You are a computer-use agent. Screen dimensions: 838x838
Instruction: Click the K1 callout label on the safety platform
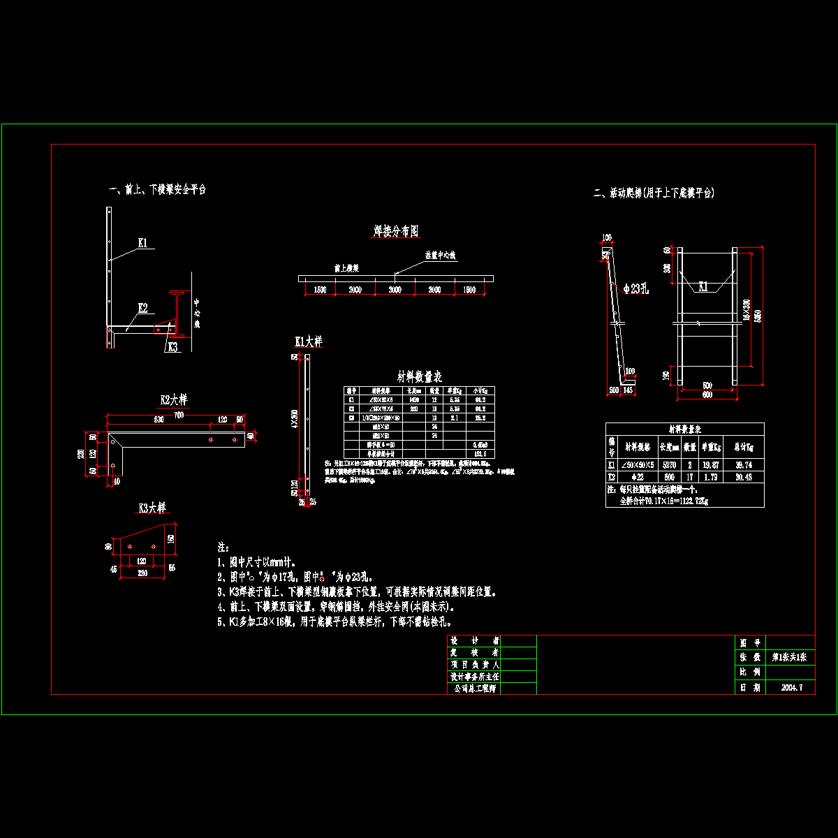click(x=142, y=243)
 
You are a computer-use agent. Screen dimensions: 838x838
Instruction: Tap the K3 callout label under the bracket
click(x=172, y=346)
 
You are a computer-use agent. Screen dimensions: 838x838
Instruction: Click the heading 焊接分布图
click(x=396, y=231)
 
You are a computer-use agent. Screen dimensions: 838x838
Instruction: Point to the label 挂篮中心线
click(x=440, y=256)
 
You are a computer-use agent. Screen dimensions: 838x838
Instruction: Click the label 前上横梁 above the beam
click(x=346, y=267)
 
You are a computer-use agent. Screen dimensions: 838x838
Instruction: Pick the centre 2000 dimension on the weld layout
click(x=395, y=290)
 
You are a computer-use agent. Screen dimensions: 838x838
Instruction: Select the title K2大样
click(x=174, y=400)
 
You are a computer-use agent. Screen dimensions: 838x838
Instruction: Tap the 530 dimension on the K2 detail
click(x=159, y=420)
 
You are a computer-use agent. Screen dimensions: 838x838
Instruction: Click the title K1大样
click(x=309, y=341)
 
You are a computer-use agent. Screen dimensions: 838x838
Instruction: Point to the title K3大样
click(x=152, y=508)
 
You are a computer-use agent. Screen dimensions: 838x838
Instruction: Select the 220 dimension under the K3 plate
click(x=142, y=573)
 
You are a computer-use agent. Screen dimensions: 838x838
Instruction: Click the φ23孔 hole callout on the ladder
click(x=637, y=288)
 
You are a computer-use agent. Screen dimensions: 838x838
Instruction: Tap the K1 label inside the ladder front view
click(x=704, y=286)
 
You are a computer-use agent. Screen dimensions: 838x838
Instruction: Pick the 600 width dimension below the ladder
click(x=707, y=395)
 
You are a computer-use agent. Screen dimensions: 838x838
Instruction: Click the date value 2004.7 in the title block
click(x=791, y=687)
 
